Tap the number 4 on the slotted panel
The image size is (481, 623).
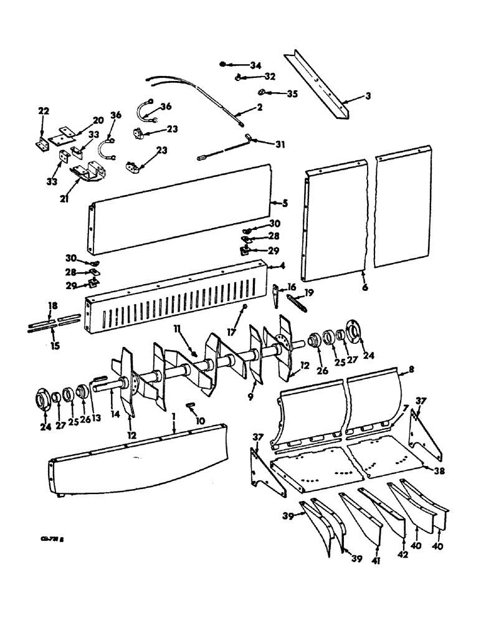(265, 266)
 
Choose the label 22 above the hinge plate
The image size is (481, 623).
(43, 111)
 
